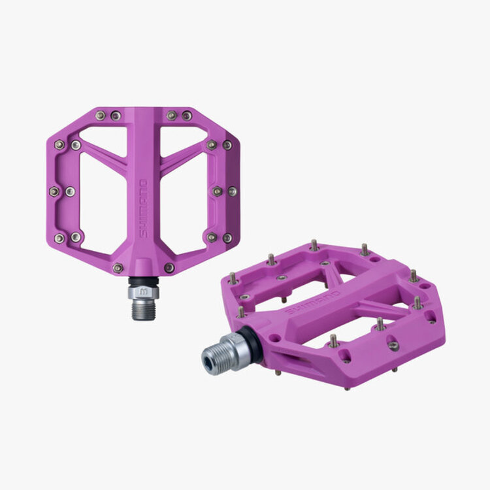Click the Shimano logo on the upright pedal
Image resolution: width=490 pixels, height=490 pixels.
(144, 208)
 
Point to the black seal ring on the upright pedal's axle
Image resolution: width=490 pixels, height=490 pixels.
(143, 282)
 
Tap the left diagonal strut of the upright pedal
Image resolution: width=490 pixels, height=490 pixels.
(105, 157)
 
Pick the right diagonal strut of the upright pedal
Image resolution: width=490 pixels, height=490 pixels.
(183, 157)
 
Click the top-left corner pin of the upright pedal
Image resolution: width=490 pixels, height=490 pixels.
(100, 116)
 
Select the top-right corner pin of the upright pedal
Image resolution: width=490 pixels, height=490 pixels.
(187, 116)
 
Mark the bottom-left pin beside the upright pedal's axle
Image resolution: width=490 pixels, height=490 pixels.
(118, 267)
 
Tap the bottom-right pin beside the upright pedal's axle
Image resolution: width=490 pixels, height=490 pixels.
(169, 267)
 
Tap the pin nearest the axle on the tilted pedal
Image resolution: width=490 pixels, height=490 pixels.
(242, 312)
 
